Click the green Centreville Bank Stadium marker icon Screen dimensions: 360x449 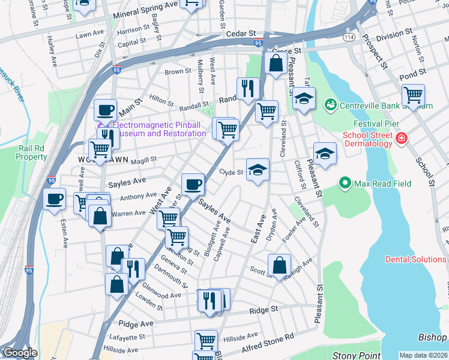click(x=330, y=106)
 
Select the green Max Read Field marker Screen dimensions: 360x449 click(x=345, y=182)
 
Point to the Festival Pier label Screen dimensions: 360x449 click(x=366, y=124)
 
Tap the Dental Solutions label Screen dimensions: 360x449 click(x=416, y=259)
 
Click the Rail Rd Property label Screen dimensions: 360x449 click(x=32, y=152)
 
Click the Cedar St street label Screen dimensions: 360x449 click(x=241, y=35)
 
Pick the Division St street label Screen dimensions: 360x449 click(x=394, y=34)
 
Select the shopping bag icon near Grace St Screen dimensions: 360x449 click(x=275, y=62)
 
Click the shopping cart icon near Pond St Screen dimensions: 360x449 click(x=413, y=95)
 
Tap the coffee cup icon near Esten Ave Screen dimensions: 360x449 click(x=54, y=199)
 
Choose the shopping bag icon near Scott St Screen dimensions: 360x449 click(x=279, y=264)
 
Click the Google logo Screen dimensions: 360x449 click(x=19, y=353)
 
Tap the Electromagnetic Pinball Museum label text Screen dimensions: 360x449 click(x=159, y=129)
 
